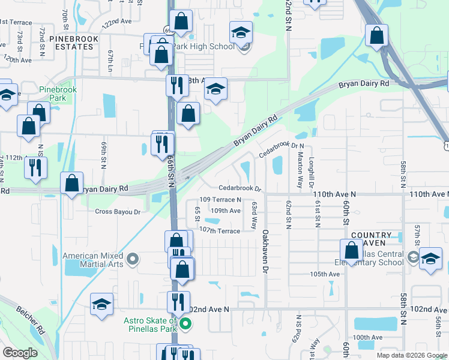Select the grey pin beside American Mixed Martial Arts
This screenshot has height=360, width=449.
click(x=133, y=260)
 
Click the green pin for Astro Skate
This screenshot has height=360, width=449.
click(x=185, y=325)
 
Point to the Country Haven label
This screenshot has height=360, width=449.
click(x=372, y=238)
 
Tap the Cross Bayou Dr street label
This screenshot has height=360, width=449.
click(x=117, y=212)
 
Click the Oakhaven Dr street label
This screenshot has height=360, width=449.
click(x=265, y=252)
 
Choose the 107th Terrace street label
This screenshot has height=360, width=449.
click(x=220, y=230)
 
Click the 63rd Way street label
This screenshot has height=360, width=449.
click(x=254, y=215)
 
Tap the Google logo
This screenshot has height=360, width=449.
click(x=20, y=353)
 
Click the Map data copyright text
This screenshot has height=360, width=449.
click(x=412, y=355)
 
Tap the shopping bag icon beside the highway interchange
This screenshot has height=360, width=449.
click(x=376, y=35)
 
